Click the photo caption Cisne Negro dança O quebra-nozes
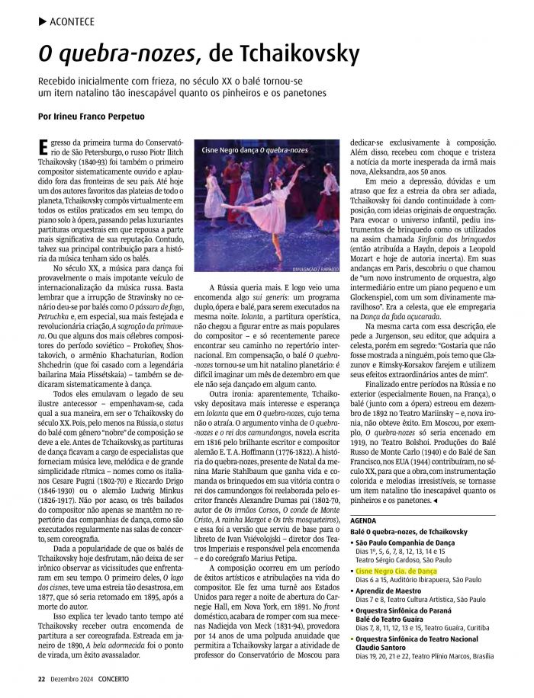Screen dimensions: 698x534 pos(255,150)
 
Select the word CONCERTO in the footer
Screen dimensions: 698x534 pos(111,678)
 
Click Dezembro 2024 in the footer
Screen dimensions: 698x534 pos(71,678)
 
